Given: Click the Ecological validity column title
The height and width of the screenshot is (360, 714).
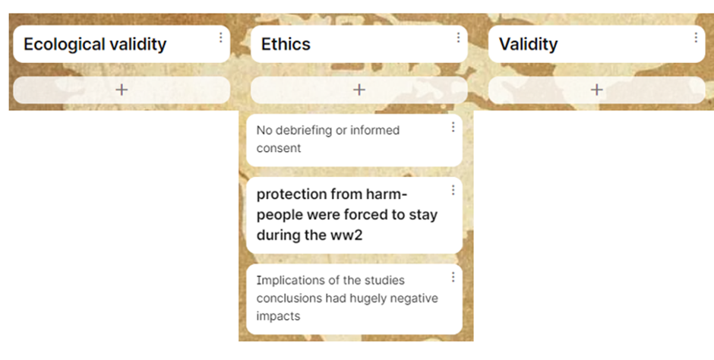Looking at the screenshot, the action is pyautogui.click(x=95, y=44).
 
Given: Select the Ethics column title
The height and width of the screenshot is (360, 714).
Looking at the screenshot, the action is pyautogui.click(x=286, y=44).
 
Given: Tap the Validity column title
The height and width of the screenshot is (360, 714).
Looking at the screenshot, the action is pyautogui.click(x=528, y=44).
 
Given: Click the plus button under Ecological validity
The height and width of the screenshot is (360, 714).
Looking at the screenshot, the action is pyautogui.click(x=122, y=90).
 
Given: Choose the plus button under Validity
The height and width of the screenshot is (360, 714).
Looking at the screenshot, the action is pyautogui.click(x=596, y=90).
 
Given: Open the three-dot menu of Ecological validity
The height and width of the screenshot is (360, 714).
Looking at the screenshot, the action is pyautogui.click(x=221, y=37).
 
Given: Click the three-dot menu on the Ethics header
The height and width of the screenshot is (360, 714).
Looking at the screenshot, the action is pyautogui.click(x=458, y=37).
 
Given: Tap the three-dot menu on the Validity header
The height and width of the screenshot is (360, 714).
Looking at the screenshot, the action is pyautogui.click(x=696, y=37).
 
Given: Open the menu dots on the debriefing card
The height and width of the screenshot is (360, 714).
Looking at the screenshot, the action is pyautogui.click(x=453, y=127).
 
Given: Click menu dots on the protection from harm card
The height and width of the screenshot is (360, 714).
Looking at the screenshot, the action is pyautogui.click(x=453, y=190).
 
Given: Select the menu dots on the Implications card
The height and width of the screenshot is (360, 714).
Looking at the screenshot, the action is pyautogui.click(x=453, y=276).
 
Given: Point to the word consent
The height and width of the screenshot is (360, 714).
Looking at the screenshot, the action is pyautogui.click(x=279, y=148).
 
